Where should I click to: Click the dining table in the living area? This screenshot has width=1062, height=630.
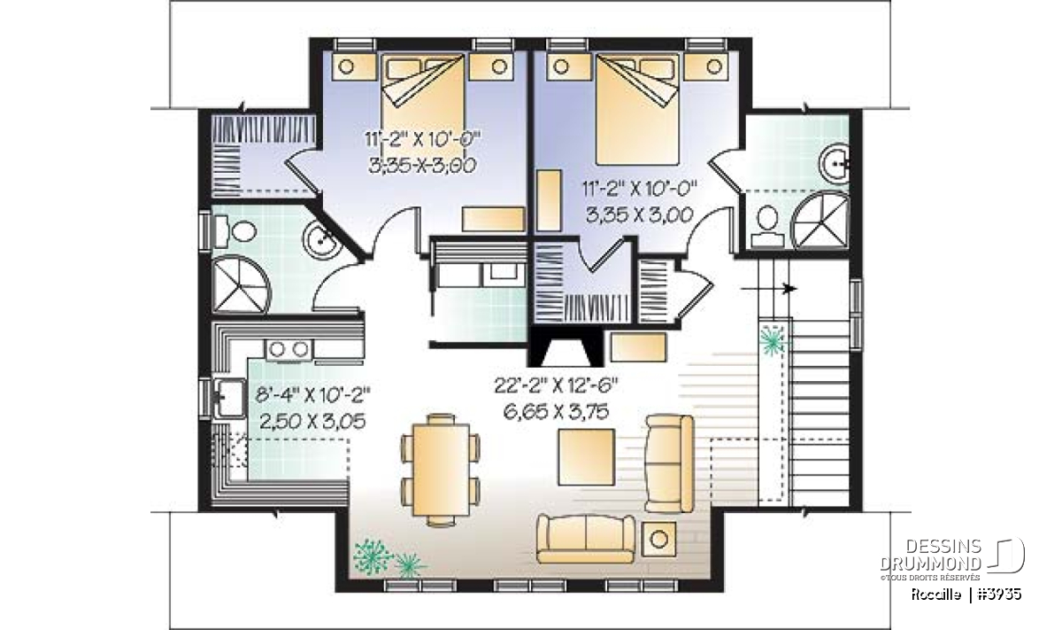[441, 470]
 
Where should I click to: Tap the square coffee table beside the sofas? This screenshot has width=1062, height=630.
[587, 457]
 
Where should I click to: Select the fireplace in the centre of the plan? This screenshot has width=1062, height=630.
[566, 347]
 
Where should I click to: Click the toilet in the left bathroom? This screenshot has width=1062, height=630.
[236, 231]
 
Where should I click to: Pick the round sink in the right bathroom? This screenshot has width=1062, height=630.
[835, 164]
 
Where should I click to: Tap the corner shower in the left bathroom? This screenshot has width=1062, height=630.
[241, 284]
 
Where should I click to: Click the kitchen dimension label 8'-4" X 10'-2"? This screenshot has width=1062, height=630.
[313, 394]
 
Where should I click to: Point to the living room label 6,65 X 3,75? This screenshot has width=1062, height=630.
[556, 412]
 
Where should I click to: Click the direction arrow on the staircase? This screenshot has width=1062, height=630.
[768, 288]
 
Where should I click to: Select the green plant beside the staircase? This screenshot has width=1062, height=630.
[772, 340]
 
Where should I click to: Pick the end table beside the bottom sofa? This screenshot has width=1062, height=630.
[658, 539]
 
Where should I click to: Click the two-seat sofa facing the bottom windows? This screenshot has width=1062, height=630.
[586, 539]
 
